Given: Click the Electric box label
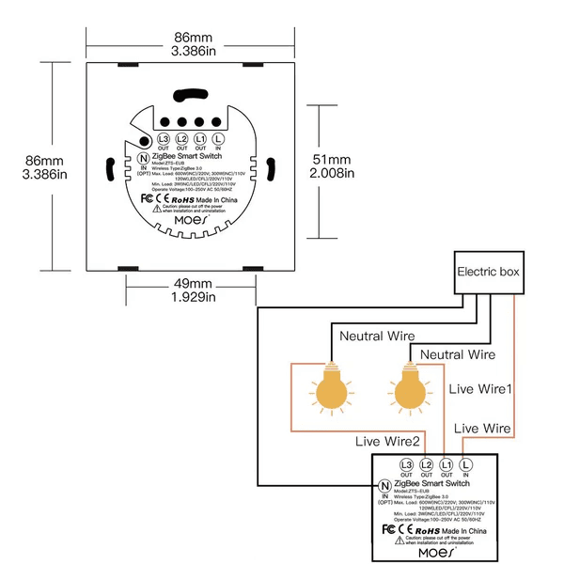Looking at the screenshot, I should tap(487, 273).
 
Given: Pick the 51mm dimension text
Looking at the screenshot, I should tap(331, 158).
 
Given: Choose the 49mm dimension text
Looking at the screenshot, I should tap(194, 283).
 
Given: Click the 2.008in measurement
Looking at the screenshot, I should tap(331, 173).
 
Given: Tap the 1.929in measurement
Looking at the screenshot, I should tap(194, 297).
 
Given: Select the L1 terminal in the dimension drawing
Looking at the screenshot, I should tap(200, 141).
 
